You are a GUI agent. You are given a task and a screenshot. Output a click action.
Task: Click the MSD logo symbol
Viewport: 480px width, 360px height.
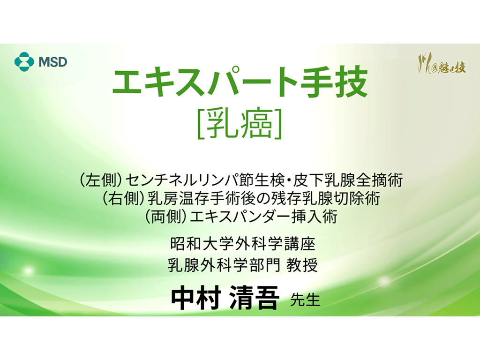tap(24, 61)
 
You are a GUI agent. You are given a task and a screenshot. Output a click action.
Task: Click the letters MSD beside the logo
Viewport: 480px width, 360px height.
tap(52, 61)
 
